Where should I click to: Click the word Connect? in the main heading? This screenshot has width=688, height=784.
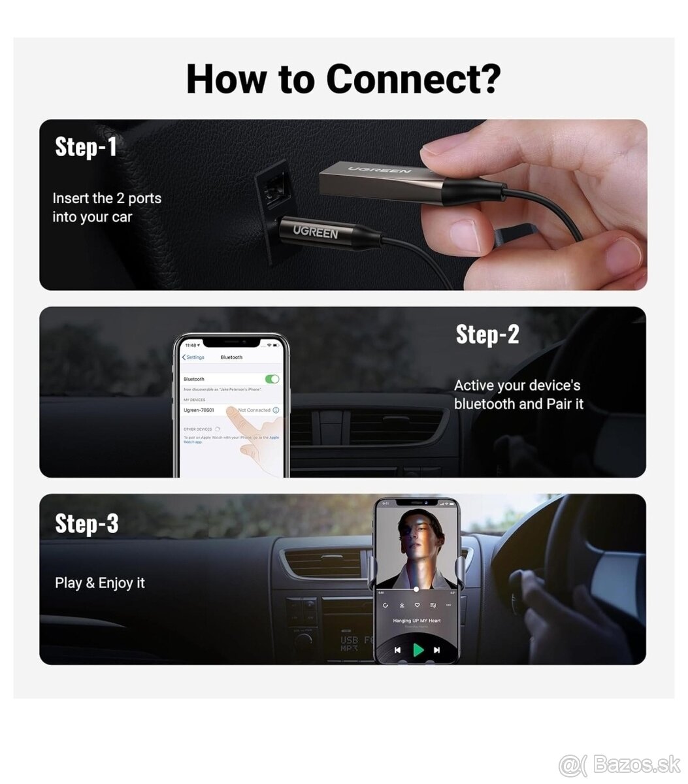pyautogui.click(x=413, y=79)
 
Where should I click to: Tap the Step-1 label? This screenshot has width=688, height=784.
pyautogui.click(x=86, y=146)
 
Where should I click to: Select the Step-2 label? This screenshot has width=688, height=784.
pyautogui.click(x=487, y=334)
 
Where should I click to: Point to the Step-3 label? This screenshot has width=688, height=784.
pyautogui.click(x=87, y=523)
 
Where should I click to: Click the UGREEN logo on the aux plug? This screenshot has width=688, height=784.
pyautogui.click(x=315, y=231)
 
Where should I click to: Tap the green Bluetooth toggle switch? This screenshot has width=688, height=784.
pyautogui.click(x=272, y=379)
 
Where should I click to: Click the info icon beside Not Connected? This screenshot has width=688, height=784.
pyautogui.click(x=276, y=410)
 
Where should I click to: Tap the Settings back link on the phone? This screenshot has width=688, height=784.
pyautogui.click(x=193, y=357)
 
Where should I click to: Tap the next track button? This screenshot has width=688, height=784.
pyautogui.click(x=436, y=650)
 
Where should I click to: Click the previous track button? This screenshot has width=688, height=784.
pyautogui.click(x=398, y=650)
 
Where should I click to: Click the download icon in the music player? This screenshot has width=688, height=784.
pyautogui.click(x=402, y=606)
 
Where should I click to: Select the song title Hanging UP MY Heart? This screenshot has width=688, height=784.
pyautogui.click(x=416, y=621)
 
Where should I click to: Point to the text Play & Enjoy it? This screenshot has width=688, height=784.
pyautogui.click(x=100, y=583)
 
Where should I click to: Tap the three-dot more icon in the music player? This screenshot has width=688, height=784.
pyautogui.click(x=448, y=606)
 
